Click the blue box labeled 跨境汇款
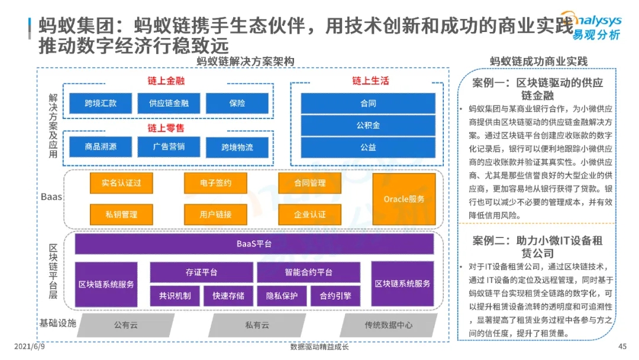pyautogui.click(x=101, y=103)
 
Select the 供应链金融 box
pyautogui.click(x=169, y=103)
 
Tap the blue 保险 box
pyautogui.click(x=237, y=103)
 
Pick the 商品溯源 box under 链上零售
pyautogui.click(x=101, y=146)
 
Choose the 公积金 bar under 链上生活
pyautogui.click(x=368, y=125)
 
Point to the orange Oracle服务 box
pyautogui.click(x=404, y=199)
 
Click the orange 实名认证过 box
pyautogui.click(x=121, y=183)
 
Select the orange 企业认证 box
pyautogui.click(x=309, y=214)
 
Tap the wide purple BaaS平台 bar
pyautogui.click(x=254, y=243)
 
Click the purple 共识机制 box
pyautogui.click(x=175, y=295)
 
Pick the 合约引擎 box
pyautogui.click(x=335, y=295)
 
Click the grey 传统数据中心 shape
pyautogui.click(x=389, y=325)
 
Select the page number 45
pyautogui.click(x=622, y=346)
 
